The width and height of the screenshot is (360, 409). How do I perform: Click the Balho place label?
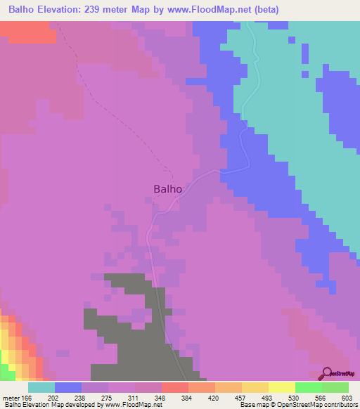168,188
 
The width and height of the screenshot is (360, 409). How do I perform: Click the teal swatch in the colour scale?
41,387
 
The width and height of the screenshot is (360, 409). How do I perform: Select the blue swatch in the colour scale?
67,387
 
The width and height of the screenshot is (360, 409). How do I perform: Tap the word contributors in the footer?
340,405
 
